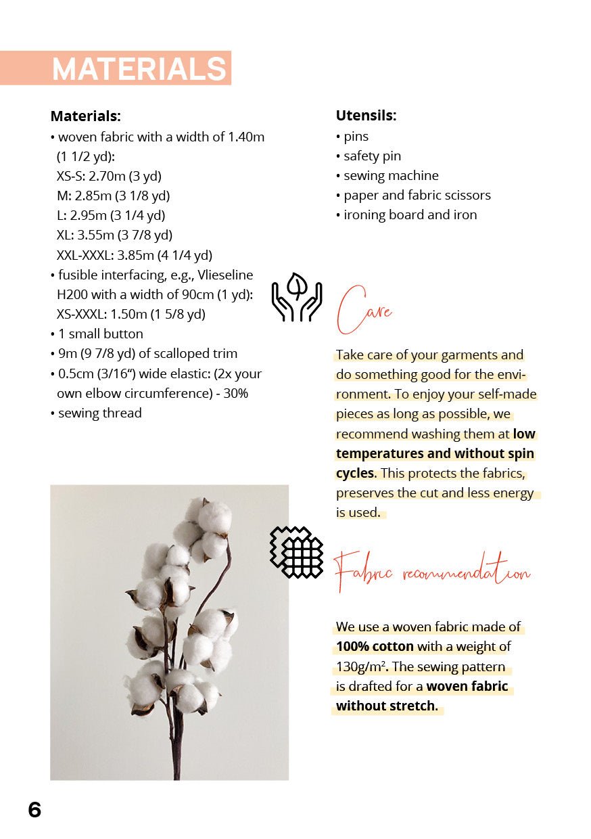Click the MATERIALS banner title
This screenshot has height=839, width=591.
pyautogui.click(x=139, y=69)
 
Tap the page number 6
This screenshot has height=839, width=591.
pyautogui.click(x=34, y=809)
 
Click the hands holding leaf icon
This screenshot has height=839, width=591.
pyautogui.click(x=296, y=297)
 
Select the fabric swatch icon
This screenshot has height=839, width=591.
pyautogui.click(x=296, y=552)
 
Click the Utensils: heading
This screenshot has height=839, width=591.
pyautogui.click(x=366, y=116)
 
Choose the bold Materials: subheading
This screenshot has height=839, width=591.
pyautogui.click(x=85, y=116)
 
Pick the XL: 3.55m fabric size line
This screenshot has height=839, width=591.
pyautogui.click(x=114, y=235)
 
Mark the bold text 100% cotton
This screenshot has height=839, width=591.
pyautogui.click(x=375, y=647)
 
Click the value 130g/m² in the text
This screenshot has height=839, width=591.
pyautogui.click(x=360, y=667)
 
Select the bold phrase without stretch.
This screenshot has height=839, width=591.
pyautogui.click(x=386, y=707)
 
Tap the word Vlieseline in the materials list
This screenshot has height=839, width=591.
pyautogui.click(x=222, y=275)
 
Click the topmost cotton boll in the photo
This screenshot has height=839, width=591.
pyautogui.click(x=214, y=516)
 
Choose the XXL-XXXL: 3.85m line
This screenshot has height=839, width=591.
pyautogui.click(x=134, y=255)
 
